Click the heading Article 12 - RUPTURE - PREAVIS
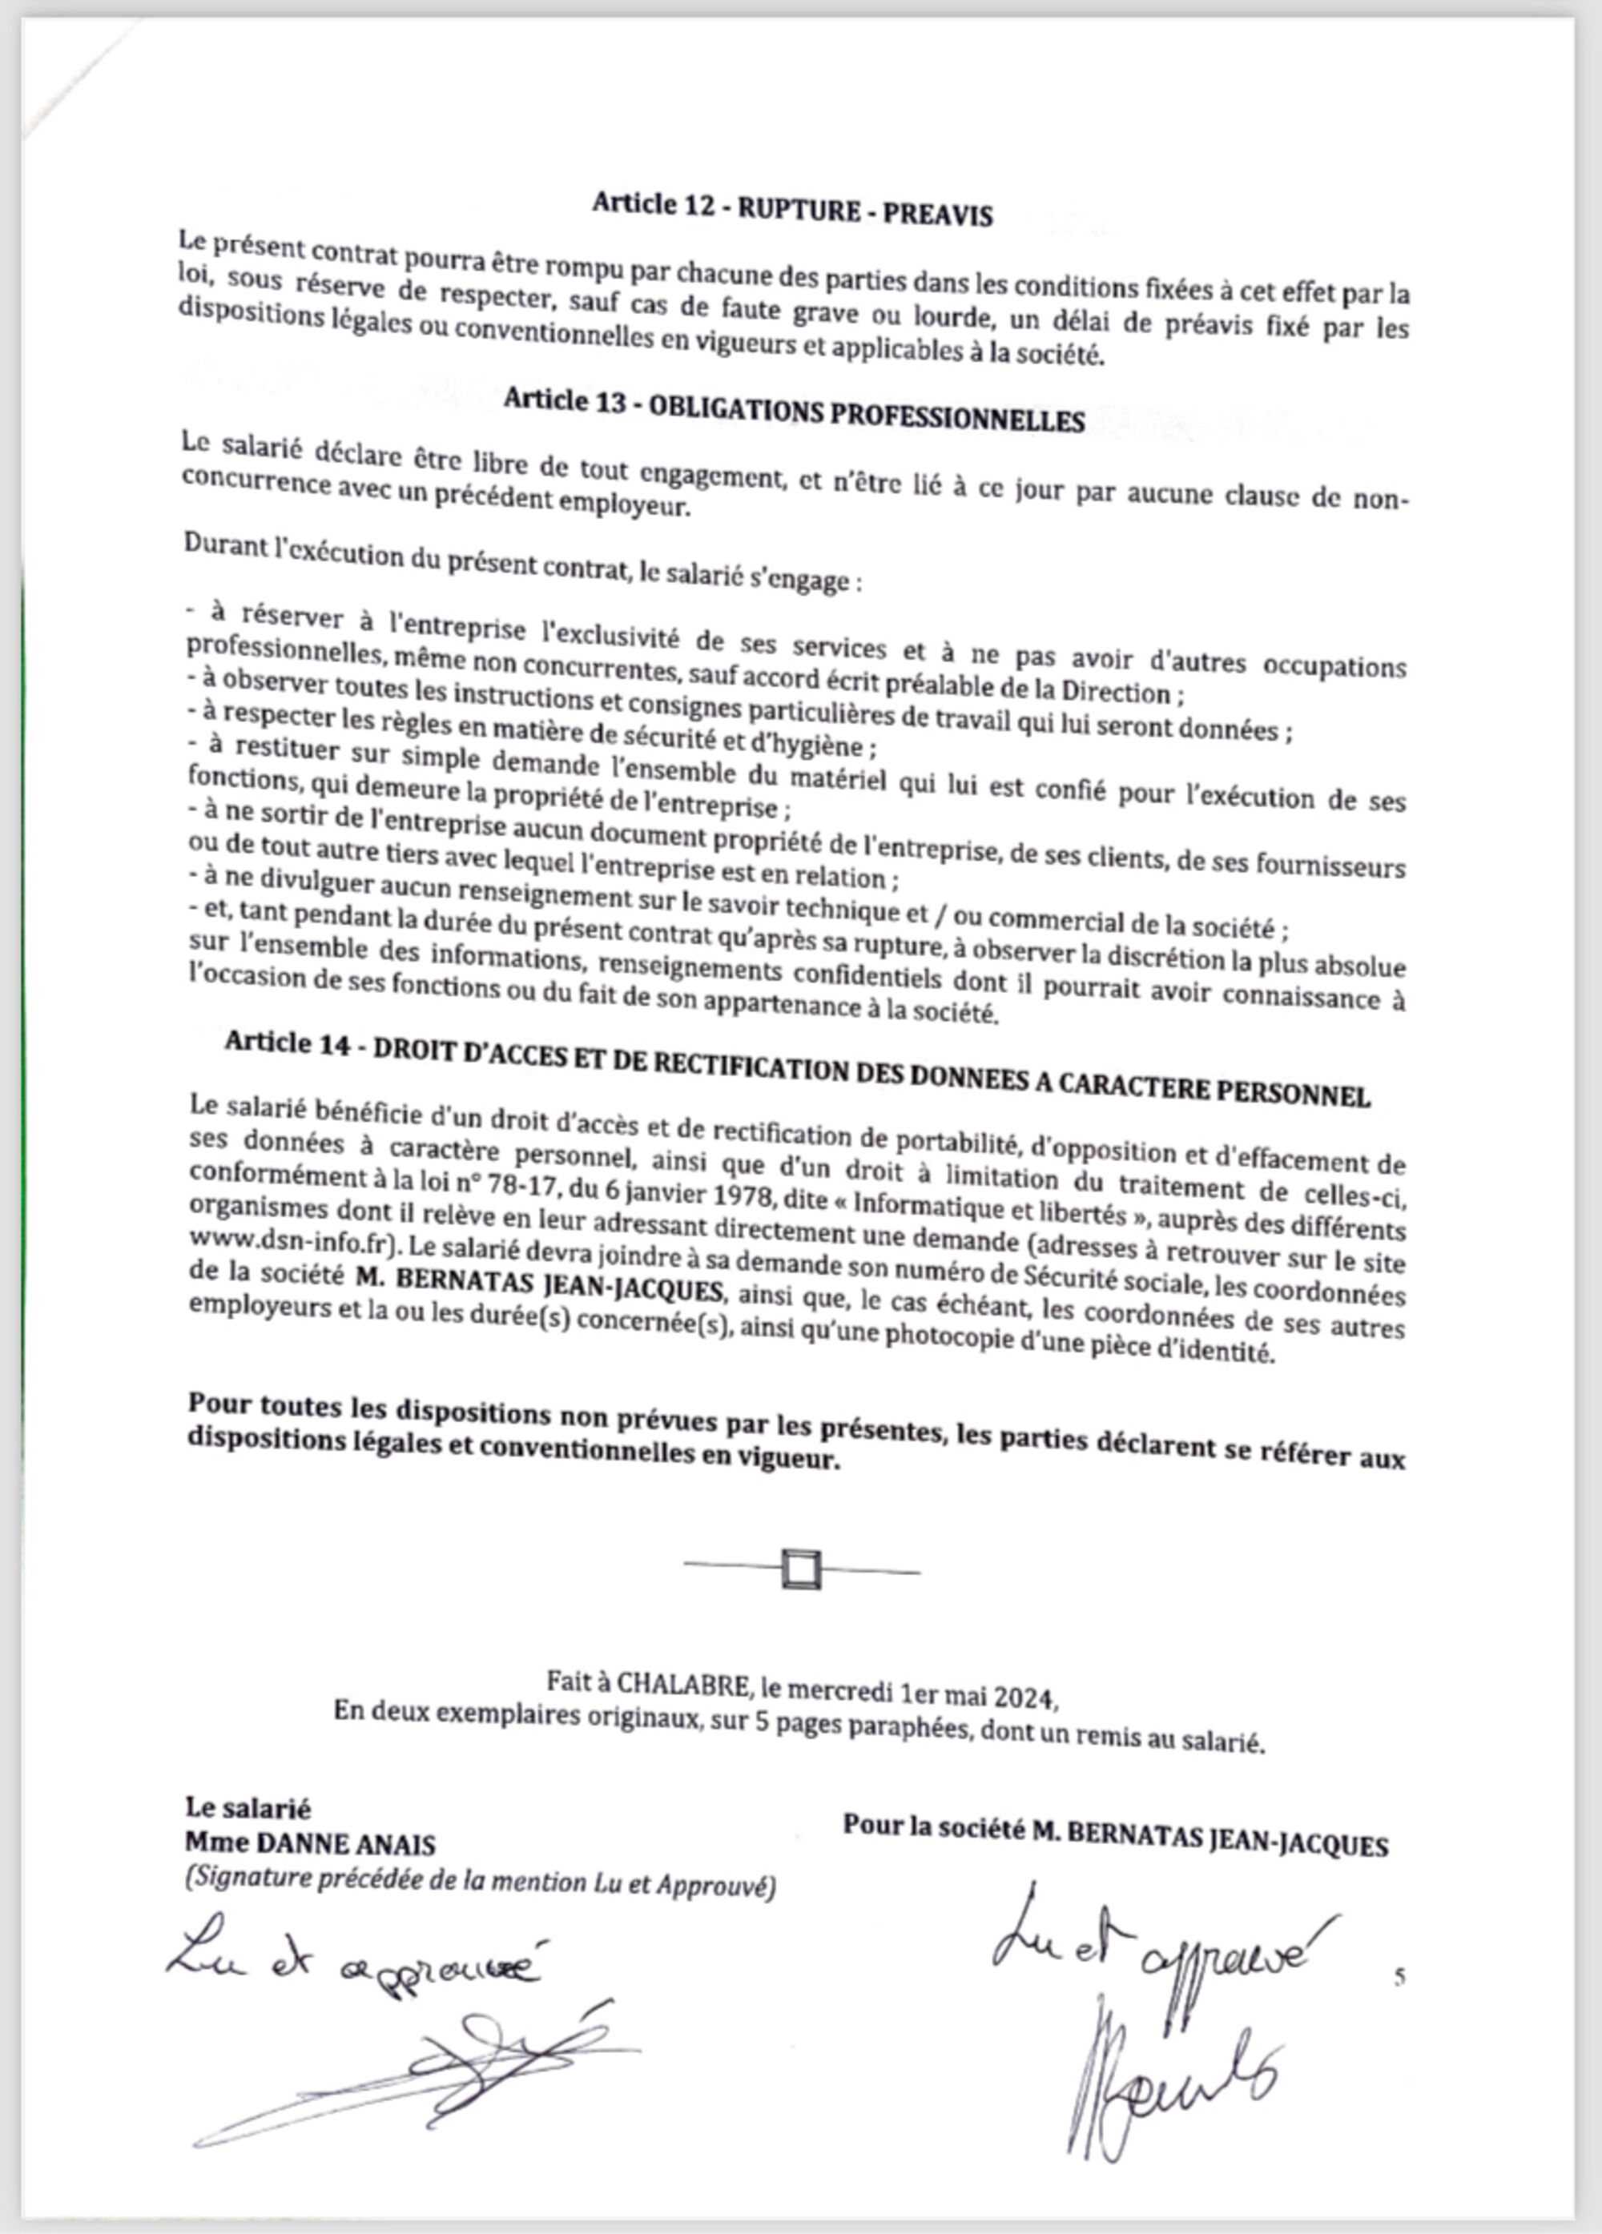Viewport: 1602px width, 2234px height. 792,209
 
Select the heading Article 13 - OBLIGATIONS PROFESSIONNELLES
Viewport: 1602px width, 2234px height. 794,410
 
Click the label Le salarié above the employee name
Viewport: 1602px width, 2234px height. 248,1809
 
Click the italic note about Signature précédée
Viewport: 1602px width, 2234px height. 480,1882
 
